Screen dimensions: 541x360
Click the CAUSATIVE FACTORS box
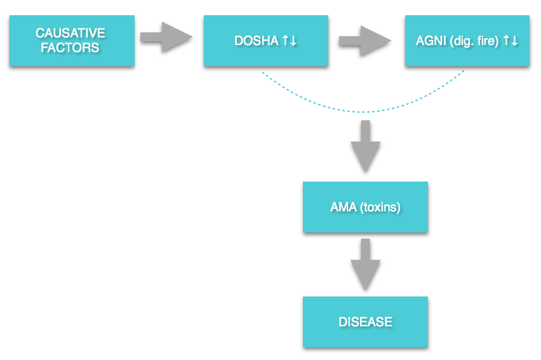coord(72,41)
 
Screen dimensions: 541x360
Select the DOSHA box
coord(266,41)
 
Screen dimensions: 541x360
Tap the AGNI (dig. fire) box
coord(467,41)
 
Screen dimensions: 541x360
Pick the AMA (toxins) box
coord(365,207)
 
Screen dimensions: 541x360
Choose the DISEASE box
coord(365,322)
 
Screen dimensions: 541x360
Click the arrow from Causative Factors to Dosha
coord(166,37)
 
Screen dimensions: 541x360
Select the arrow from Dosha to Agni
coord(365,41)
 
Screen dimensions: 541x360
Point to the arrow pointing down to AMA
coord(365,146)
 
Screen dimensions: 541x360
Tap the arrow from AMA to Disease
coord(365,265)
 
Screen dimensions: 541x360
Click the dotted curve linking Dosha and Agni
coord(363,112)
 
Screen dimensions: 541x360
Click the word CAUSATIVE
coord(70,33)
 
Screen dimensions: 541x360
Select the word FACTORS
coord(70,48)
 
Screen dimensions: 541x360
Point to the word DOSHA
coord(257,41)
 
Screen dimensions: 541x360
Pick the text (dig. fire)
coord(474,41)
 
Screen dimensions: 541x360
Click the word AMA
coord(344,207)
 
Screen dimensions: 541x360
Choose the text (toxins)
coord(380,208)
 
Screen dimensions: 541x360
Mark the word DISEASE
coord(365,322)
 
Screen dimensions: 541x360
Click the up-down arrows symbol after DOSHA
coord(290,41)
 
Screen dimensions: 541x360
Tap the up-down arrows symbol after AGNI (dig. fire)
coord(511,41)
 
